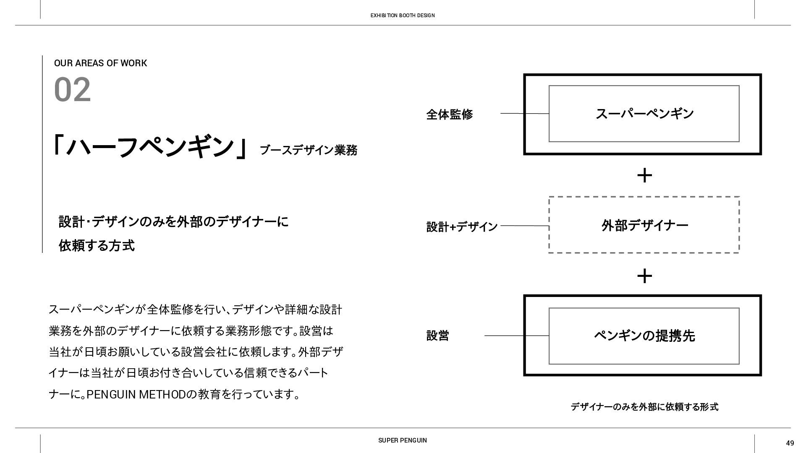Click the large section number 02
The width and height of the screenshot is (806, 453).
tap(72, 90)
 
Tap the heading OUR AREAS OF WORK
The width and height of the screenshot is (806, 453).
tap(100, 63)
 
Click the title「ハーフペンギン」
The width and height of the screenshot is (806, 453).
tap(150, 146)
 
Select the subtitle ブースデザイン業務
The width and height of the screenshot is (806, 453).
tap(309, 150)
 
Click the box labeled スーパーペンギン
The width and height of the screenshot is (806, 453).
tap(644, 114)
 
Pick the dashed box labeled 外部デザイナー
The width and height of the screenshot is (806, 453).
tap(644, 225)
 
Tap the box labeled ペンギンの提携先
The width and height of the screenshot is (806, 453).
tap(644, 336)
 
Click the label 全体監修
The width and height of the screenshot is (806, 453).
tap(449, 115)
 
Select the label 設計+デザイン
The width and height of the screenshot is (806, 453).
tap(462, 227)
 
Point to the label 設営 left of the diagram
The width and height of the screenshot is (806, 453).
tap(437, 336)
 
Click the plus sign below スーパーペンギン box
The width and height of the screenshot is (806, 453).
tap(644, 175)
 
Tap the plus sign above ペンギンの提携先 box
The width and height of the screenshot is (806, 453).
tap(644, 276)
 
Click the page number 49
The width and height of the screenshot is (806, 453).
tap(790, 443)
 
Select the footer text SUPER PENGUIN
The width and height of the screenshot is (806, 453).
tap(402, 440)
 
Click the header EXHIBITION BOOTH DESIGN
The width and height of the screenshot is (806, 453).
tap(402, 16)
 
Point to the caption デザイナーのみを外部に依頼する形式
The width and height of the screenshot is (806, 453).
tap(644, 407)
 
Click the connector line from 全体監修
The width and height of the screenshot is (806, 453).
tap(524, 114)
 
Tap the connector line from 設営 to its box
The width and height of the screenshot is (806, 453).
tap(516, 336)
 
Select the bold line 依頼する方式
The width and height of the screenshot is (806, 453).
tap(97, 246)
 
